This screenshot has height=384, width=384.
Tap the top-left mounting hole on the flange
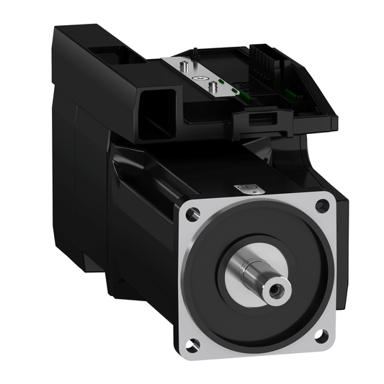pyautogui.click(x=191, y=214)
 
